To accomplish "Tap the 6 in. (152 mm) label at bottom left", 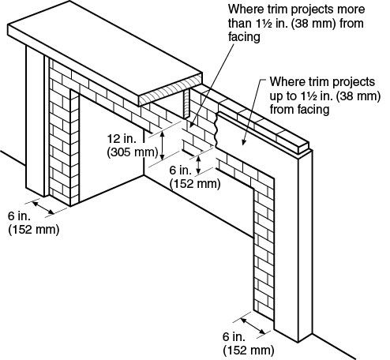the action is tap(34, 223).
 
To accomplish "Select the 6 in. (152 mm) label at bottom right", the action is tap(249, 343).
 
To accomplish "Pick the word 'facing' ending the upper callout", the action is tap(244, 37).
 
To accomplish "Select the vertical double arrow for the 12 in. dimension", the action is tap(163, 145).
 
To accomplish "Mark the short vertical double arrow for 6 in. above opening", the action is tap(199, 165).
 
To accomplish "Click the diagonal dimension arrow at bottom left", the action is tap(43, 208).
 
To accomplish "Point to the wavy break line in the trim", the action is tap(216, 129).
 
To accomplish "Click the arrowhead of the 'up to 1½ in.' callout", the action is tap(244, 142).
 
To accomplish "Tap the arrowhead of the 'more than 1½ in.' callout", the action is tap(192, 125).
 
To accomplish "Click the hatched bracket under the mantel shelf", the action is tap(186, 103).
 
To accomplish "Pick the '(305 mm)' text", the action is tap(133, 152).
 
